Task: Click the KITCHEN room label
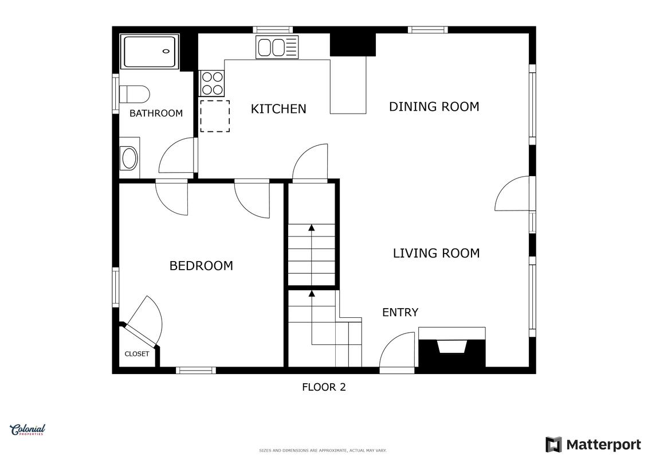point(278,109)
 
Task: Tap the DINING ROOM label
point(434,107)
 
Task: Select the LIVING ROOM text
point(436,253)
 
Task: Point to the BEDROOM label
point(201,266)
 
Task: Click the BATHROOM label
point(156,114)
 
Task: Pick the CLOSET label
point(137,354)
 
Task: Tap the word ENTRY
point(400,313)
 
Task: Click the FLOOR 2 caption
point(324,387)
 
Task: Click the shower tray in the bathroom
point(150,52)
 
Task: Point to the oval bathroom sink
point(129,158)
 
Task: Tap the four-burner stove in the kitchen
point(213,83)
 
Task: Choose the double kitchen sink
point(277,47)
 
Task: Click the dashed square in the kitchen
point(215,116)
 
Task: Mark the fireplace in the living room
point(452,347)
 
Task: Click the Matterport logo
point(593,445)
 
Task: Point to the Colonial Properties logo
point(28,430)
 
